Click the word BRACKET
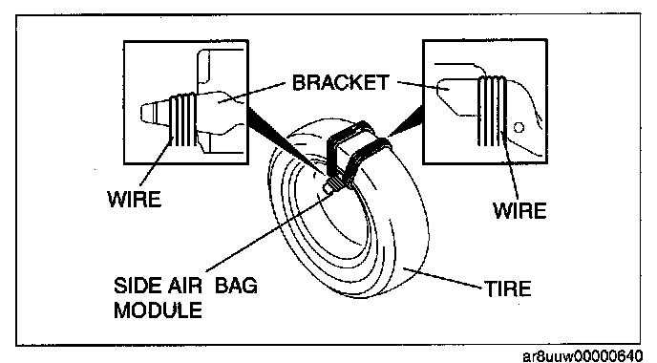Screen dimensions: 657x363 click(x=340, y=82)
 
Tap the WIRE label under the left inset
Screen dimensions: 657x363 click(x=135, y=199)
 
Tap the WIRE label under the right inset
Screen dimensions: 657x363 click(x=519, y=210)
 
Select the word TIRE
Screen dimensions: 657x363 click(x=508, y=288)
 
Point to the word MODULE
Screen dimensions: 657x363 click(x=158, y=310)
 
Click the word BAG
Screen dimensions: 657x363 click(x=236, y=286)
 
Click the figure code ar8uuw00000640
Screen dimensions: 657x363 click(x=583, y=356)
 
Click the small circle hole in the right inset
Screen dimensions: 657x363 click(x=519, y=127)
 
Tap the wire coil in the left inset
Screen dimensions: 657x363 click(x=182, y=120)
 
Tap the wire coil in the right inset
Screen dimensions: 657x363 click(x=492, y=111)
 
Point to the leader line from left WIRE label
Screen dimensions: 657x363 click(x=156, y=162)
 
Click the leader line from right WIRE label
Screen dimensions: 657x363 click(x=510, y=164)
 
